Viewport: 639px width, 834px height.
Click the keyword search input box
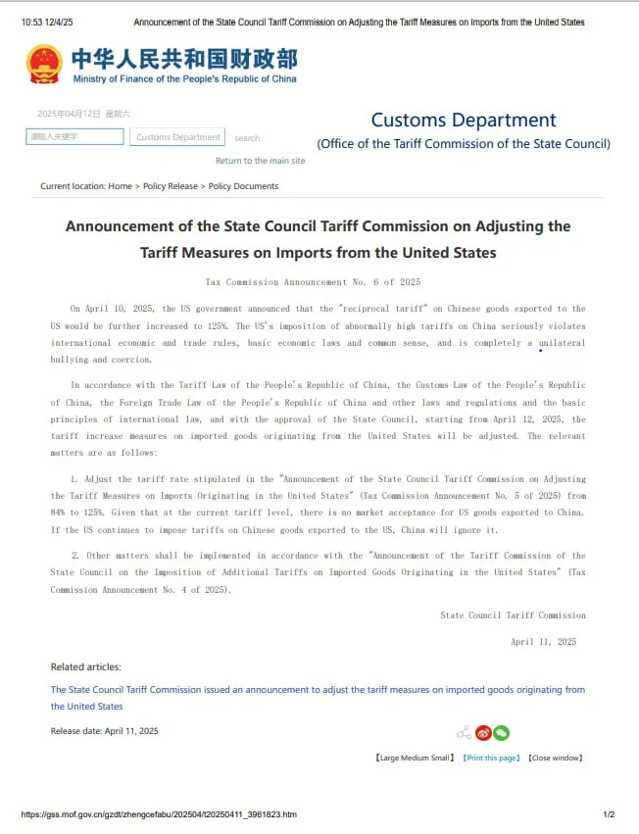tap(74, 137)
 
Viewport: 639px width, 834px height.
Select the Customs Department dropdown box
tap(177, 137)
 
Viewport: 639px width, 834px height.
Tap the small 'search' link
tap(247, 138)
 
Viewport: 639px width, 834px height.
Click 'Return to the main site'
tap(260, 161)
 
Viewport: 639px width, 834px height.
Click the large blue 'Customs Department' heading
tap(463, 121)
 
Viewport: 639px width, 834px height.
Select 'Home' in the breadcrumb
tap(120, 186)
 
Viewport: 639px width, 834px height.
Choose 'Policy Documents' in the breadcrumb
tap(243, 186)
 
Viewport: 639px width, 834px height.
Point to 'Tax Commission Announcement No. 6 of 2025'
tap(313, 282)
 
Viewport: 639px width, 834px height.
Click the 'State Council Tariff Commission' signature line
tap(513, 615)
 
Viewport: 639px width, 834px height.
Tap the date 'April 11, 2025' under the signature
tap(543, 642)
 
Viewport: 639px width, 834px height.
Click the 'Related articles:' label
tap(86, 667)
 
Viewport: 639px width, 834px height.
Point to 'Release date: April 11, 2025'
tap(104, 731)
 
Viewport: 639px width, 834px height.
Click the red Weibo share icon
tap(483, 732)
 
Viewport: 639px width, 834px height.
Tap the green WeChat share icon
tap(501, 732)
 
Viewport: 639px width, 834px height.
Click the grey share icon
tap(465, 732)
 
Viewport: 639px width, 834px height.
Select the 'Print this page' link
tap(491, 758)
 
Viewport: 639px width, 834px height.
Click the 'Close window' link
tap(555, 758)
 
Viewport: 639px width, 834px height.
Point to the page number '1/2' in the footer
tap(609, 814)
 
